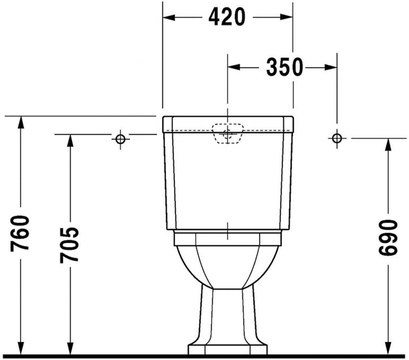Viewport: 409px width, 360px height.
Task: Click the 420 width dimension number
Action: point(226,17)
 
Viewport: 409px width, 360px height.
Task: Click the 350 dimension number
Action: point(284,67)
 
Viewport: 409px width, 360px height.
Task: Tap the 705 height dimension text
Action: point(70,245)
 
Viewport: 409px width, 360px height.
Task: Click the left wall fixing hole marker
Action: point(120,139)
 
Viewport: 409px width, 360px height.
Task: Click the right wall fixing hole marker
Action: point(337,138)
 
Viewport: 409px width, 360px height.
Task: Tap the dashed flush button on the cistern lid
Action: point(227,133)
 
